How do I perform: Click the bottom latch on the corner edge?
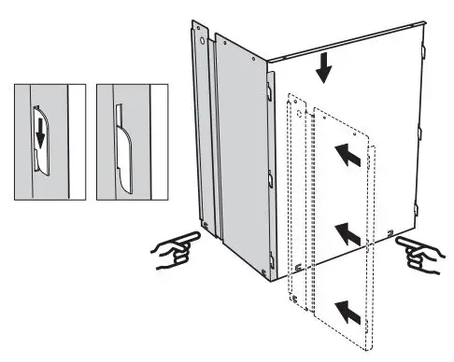(271, 258)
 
